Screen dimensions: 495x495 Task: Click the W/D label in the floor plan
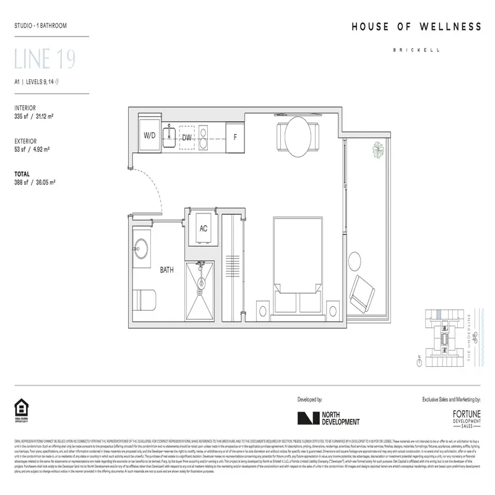click(150, 136)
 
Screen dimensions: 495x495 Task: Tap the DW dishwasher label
click(187, 137)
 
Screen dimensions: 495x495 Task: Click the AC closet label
click(203, 228)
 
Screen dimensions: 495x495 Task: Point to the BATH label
click(167, 270)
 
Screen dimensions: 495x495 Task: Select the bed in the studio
click(298, 266)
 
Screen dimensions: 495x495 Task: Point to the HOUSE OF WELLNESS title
click(416, 27)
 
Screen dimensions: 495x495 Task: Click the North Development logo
click(329, 418)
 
